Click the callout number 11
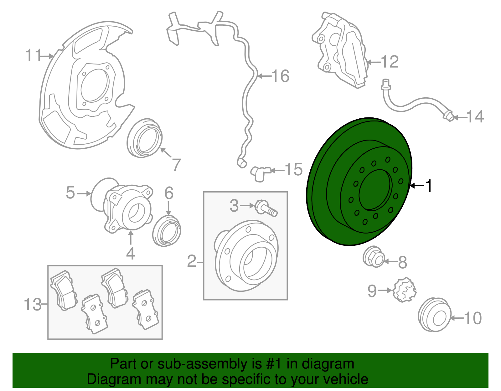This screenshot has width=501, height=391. coord(33,56)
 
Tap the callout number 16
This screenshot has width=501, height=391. coord(281,76)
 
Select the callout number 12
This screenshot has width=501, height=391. coord(390,62)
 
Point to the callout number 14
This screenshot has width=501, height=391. coord(475,117)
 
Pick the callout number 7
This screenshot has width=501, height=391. coord(177,165)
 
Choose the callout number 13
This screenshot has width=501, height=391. coord(33,304)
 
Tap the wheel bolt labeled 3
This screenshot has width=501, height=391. coord(266,208)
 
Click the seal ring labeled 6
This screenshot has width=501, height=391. coord(167,231)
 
